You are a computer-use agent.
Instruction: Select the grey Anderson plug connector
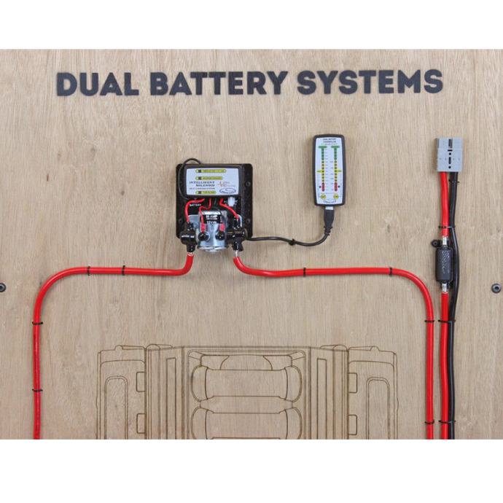[449, 155]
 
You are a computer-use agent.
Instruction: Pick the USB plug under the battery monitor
[330, 217]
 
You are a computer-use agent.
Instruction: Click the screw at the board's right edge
[496, 288]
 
